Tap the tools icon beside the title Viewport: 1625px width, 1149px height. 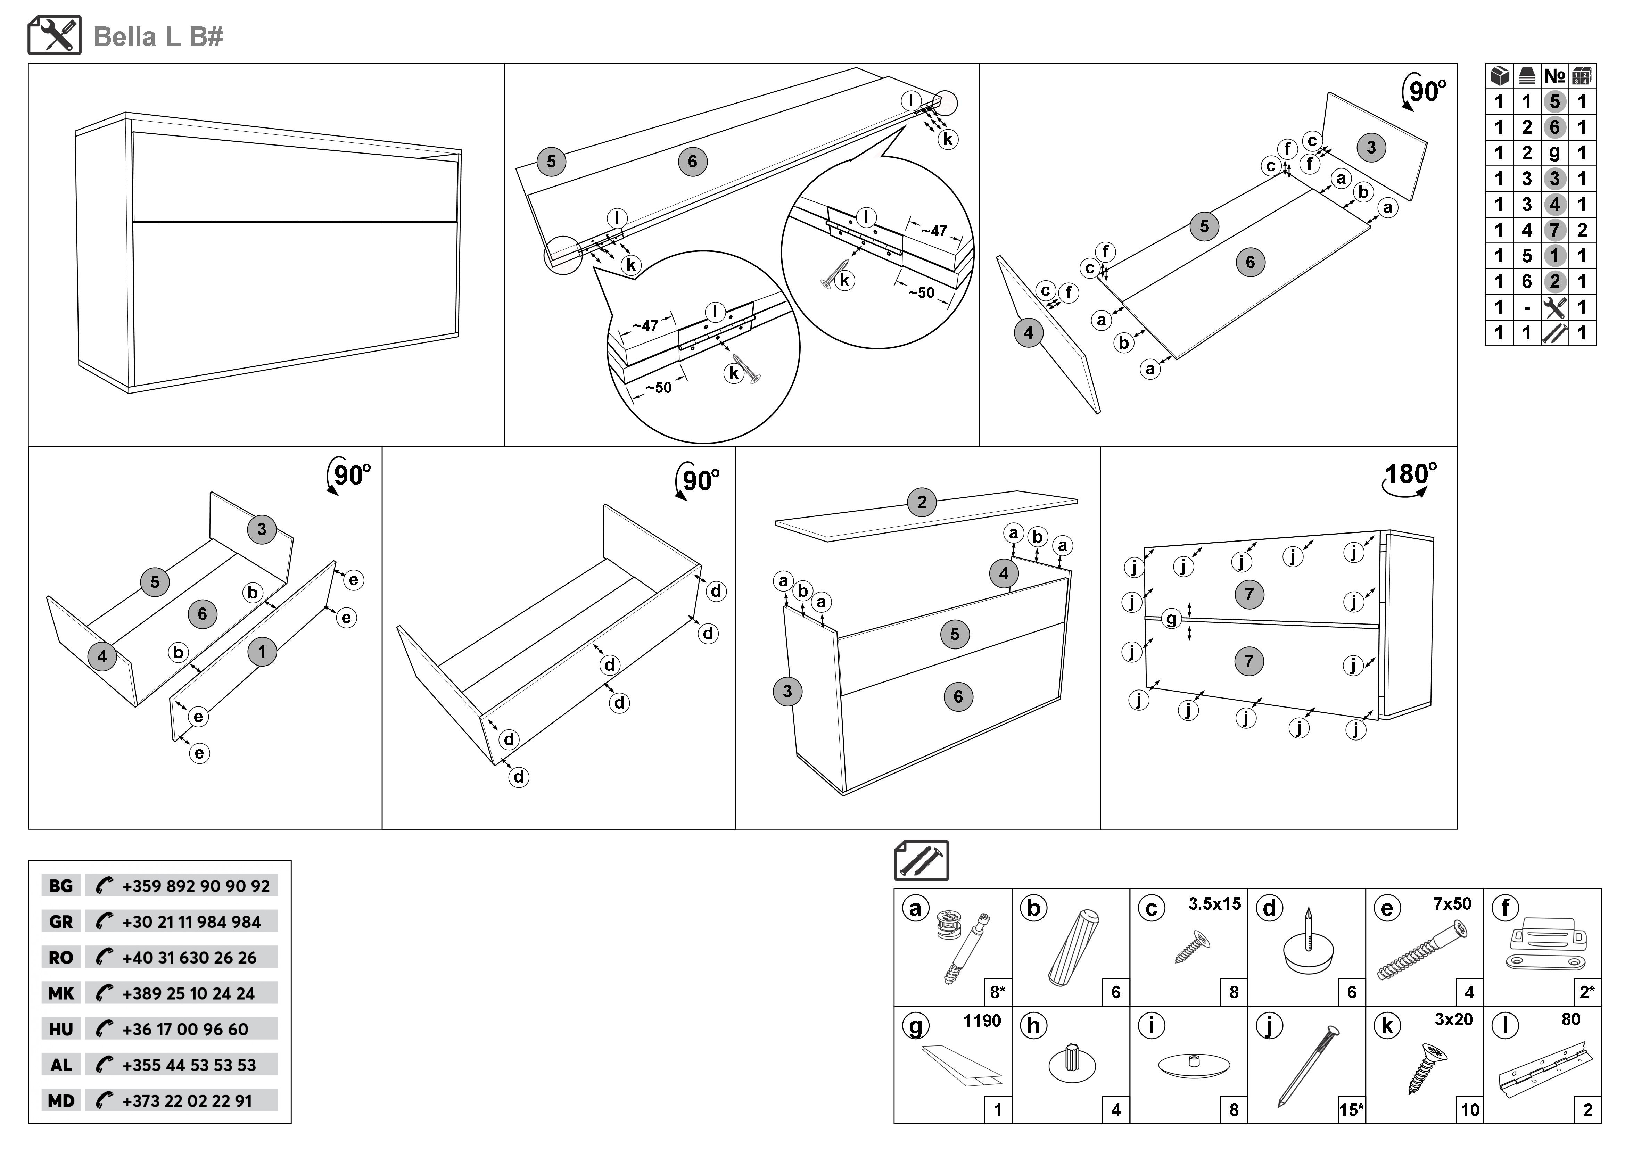(x=55, y=35)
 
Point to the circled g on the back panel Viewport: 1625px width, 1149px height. (x=1171, y=619)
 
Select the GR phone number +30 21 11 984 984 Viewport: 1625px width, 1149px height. (x=191, y=922)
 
